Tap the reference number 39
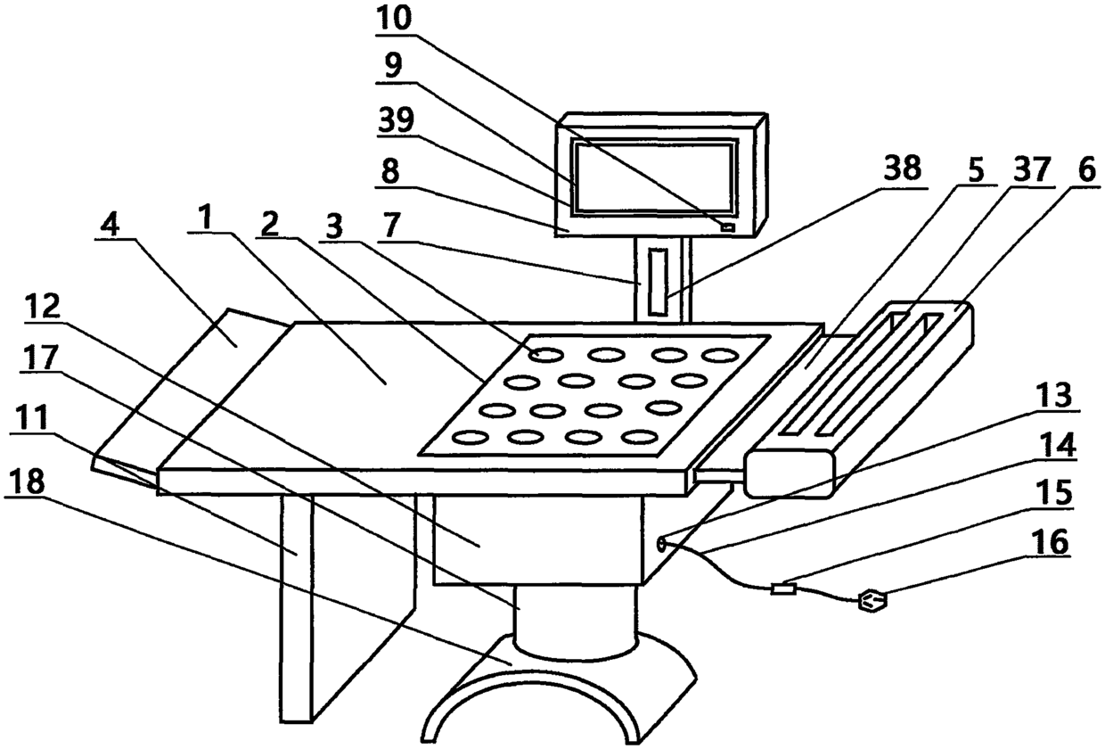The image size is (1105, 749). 395,122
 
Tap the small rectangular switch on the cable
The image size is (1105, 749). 783,588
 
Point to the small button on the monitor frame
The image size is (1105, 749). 729,229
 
